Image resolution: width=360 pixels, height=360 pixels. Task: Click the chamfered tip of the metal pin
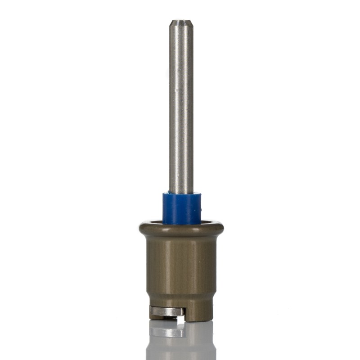point(181,22)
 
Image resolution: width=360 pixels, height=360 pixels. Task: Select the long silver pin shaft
point(181,108)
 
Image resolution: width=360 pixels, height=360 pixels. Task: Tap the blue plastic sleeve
point(181,209)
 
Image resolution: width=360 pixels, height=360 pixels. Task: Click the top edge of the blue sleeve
point(181,194)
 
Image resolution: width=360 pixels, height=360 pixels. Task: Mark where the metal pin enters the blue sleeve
point(181,193)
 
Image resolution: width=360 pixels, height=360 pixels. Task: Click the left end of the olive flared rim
point(141,228)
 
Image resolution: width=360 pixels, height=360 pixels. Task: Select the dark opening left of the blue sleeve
point(155,222)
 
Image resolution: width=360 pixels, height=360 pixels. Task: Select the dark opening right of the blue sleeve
point(207,222)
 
